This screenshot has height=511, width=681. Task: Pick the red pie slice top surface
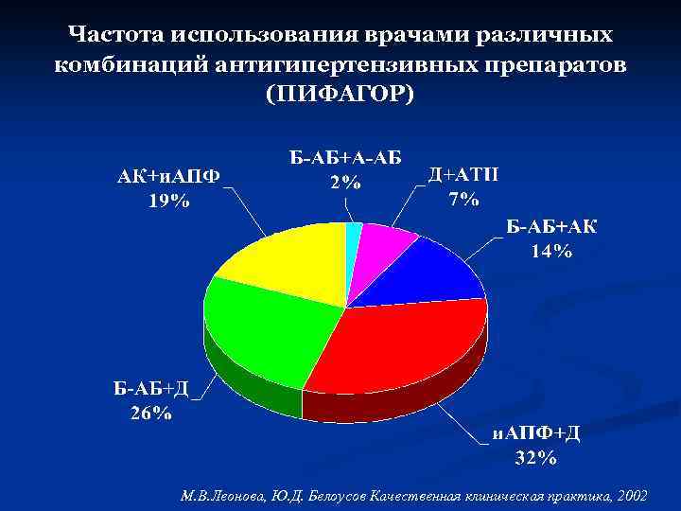click(x=397, y=345)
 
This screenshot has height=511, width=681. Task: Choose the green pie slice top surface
click(x=265, y=331)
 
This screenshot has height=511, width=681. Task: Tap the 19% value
click(x=168, y=200)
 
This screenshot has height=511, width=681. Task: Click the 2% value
click(x=344, y=183)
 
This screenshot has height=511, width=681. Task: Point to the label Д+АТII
click(x=464, y=175)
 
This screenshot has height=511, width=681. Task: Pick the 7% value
click(x=463, y=199)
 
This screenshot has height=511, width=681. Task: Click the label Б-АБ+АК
click(x=551, y=227)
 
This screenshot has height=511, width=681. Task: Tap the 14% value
click(x=551, y=251)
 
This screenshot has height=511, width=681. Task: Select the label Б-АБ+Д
click(x=151, y=389)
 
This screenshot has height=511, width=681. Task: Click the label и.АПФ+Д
click(x=535, y=433)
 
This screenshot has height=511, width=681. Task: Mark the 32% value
click(x=535, y=458)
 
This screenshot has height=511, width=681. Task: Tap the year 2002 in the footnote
click(x=631, y=496)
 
